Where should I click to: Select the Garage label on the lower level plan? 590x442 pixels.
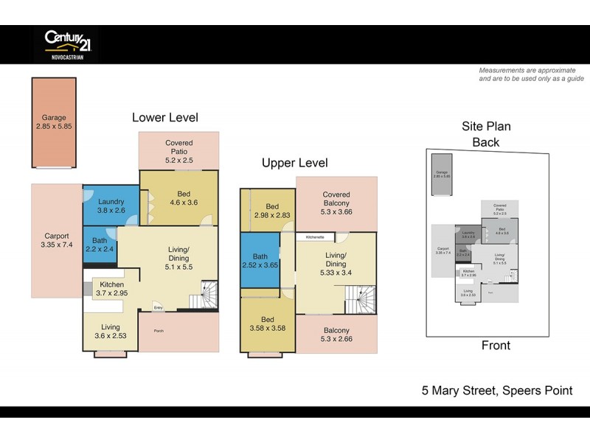tap(54, 122)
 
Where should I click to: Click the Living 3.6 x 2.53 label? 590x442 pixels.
tap(111, 331)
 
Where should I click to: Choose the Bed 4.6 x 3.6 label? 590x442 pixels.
tap(179, 195)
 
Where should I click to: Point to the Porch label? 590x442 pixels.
tap(159, 331)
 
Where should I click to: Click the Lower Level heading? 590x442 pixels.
tap(164, 118)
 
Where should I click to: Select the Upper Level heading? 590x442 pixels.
tap(295, 163)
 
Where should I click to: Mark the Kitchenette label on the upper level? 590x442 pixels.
tap(315, 237)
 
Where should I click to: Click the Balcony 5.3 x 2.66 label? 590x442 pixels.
tap(336, 335)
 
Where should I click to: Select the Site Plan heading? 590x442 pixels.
tap(486, 126)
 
